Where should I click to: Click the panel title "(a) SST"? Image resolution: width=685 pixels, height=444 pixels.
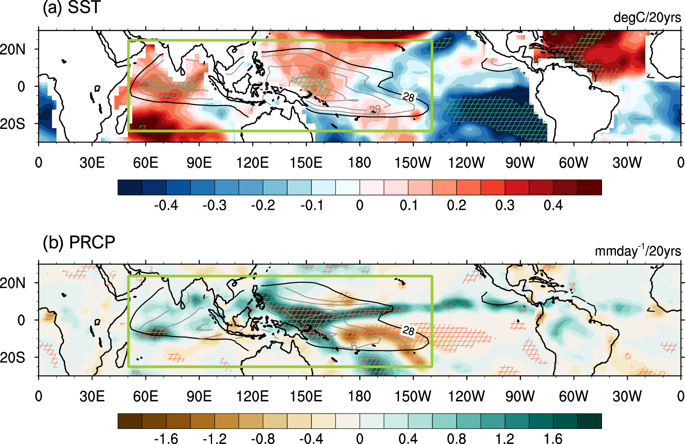[71, 8]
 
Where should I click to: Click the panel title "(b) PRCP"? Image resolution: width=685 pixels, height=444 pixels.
[79, 242]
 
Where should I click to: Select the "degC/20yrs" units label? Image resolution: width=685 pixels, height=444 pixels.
[647, 18]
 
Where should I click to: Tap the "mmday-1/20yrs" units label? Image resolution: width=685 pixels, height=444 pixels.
[638, 251]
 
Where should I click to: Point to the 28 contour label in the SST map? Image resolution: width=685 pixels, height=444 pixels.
[408, 97]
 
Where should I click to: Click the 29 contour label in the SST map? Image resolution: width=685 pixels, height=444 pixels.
[375, 110]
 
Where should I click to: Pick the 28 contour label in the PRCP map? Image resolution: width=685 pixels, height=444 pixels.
[408, 330]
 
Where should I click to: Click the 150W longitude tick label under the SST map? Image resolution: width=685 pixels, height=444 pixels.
[413, 163]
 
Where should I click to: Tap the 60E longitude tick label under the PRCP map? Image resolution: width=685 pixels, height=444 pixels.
[145, 396]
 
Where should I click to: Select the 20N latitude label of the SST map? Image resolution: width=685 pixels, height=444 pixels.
[13, 50]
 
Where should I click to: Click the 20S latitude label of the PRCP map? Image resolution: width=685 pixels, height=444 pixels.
[13, 358]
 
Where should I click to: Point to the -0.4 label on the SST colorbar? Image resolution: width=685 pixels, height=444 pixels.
[166, 206]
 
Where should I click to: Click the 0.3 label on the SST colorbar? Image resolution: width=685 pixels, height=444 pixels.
[505, 206]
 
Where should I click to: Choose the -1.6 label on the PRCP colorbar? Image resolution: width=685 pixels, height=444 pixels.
[166, 438]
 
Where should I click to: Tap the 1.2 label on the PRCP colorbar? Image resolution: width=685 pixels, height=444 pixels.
[505, 438]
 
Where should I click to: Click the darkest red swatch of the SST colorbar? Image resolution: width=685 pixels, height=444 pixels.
[589, 187]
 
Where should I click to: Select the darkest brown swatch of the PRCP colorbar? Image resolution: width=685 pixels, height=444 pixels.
[130, 421]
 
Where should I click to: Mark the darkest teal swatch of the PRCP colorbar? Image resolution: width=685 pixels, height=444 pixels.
[589, 421]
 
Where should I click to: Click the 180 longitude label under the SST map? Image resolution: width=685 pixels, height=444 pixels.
[359, 163]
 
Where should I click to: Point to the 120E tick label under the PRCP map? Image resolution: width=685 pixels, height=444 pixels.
[253, 396]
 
